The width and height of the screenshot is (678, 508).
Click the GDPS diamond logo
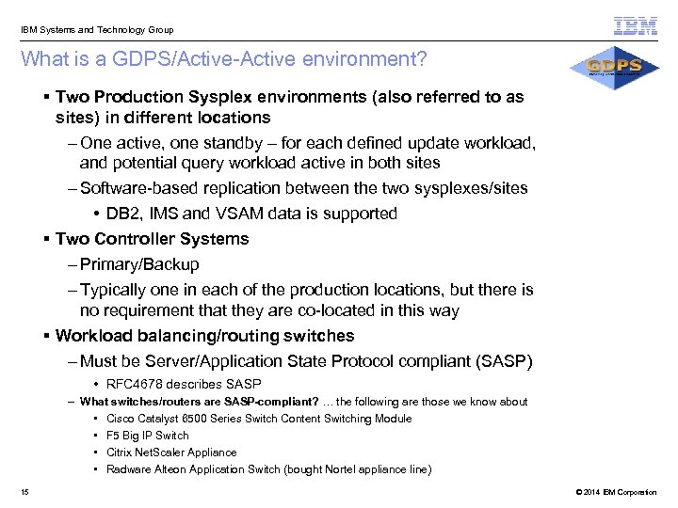coord(614,70)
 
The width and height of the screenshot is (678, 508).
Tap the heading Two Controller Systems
coord(152,239)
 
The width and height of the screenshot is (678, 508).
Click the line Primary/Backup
coord(139,264)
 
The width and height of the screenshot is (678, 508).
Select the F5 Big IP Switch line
coord(147,436)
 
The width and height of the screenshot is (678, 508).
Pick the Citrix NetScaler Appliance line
coord(171,452)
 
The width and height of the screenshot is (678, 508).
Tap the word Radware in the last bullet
coord(127,469)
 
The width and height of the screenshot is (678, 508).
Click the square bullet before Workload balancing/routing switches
coord(47,336)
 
